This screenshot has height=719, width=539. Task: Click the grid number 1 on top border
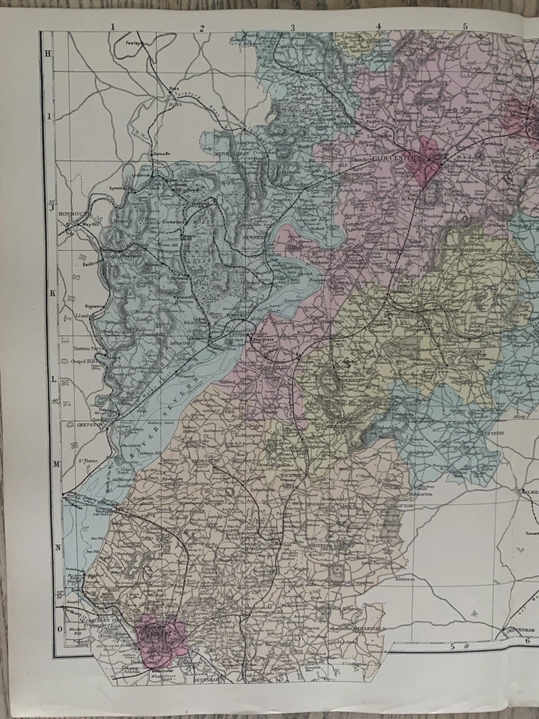tap(112, 27)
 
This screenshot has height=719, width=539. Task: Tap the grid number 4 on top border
tap(378, 27)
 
